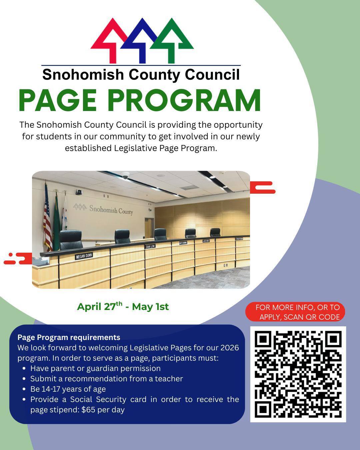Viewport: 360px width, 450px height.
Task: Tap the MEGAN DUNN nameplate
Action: pyautogui.click(x=84, y=256)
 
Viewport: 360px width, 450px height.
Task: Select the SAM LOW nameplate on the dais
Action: pyautogui.click(x=150, y=246)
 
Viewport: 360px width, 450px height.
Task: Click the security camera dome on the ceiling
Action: pyautogui.click(x=125, y=175)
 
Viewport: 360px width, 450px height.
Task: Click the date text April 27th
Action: pyautogui.click(x=100, y=306)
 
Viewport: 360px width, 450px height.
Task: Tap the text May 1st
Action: pyautogui.click(x=150, y=307)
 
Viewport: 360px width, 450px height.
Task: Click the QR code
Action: pyautogui.click(x=298, y=374)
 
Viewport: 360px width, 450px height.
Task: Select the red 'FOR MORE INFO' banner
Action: pyautogui.click(x=295, y=312)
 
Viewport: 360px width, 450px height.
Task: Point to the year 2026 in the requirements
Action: pyautogui.click(x=229, y=348)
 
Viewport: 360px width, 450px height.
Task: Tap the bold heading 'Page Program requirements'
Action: pyautogui.click(x=69, y=337)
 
